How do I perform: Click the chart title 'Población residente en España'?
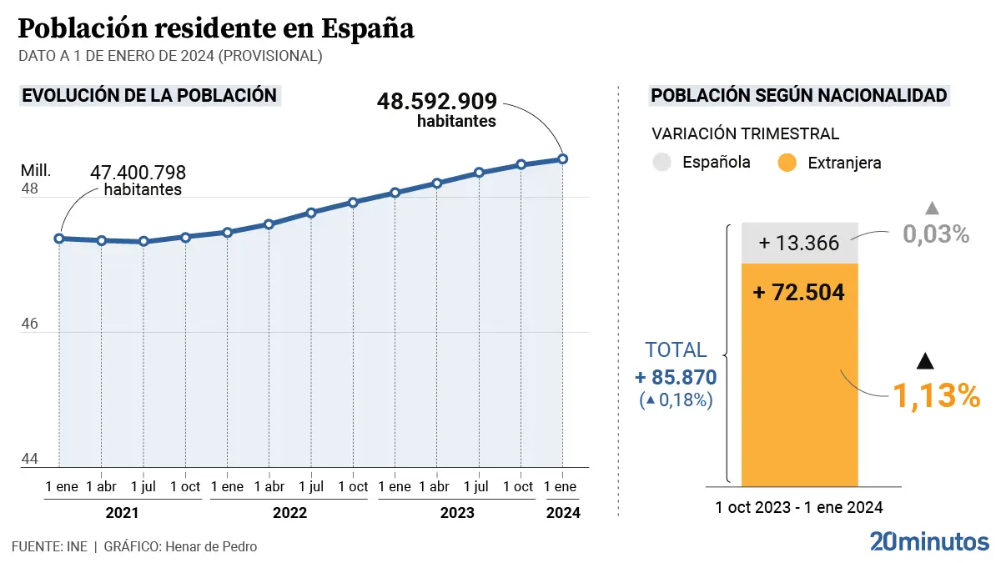coord(216,29)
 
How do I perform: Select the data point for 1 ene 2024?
coord(563,158)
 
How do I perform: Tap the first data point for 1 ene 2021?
coord(59,239)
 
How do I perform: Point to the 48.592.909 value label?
coord(437,102)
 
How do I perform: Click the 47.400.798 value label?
coord(138,173)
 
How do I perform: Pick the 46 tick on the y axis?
coord(29,324)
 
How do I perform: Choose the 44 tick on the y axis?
coord(29,460)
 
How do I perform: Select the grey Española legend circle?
coord(661,163)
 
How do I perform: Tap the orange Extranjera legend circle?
coord(787,163)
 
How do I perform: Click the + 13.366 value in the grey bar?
coord(798,244)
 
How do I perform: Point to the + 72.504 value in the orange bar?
coord(798,293)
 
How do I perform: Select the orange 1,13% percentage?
coord(936,396)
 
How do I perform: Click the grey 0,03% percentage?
coord(936,234)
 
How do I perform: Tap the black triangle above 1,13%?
coord(923,361)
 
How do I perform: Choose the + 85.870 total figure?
coord(676,378)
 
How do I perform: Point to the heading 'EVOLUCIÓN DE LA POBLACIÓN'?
coord(149,95)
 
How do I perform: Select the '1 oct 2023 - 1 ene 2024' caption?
coord(798,507)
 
